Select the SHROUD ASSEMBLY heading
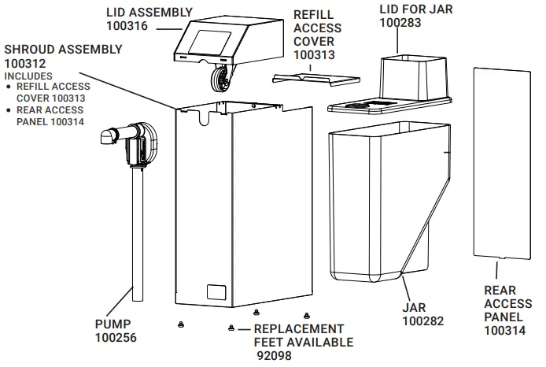(63, 49)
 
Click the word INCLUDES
(28, 76)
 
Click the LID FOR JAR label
(417, 9)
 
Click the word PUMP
(113, 324)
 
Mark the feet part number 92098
(274, 355)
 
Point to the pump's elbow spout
(109, 140)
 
